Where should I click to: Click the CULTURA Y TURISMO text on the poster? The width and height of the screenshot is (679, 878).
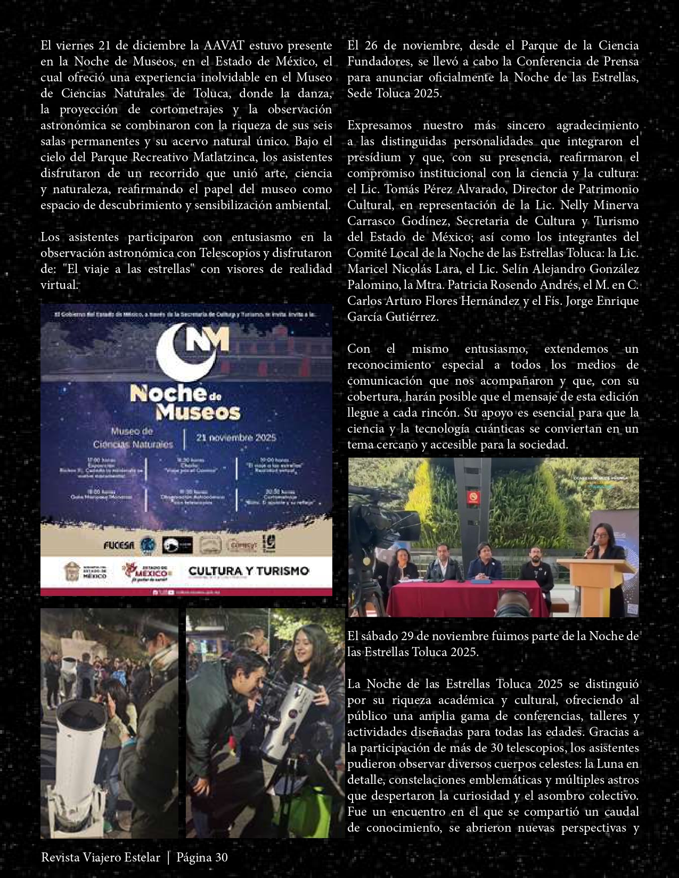(x=249, y=571)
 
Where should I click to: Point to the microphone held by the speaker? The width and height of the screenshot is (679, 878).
(x=589, y=550)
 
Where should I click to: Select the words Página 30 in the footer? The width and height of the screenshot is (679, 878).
(x=202, y=857)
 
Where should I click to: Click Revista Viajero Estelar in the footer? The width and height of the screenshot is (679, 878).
(x=101, y=857)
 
